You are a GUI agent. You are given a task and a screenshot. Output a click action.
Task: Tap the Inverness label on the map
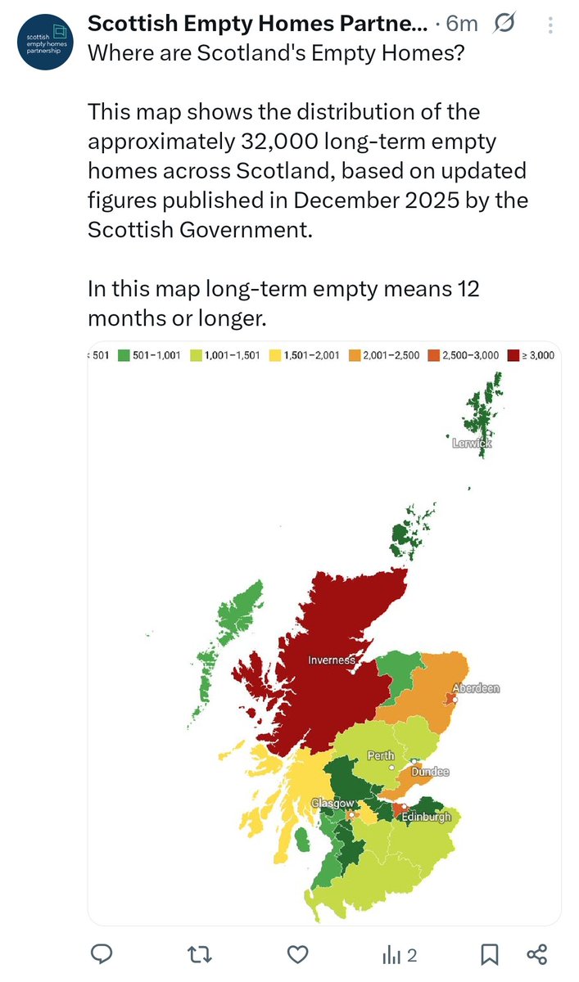pos(332,660)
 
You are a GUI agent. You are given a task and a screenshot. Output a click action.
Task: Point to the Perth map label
pos(381,755)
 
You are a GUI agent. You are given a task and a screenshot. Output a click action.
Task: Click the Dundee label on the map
pos(430,772)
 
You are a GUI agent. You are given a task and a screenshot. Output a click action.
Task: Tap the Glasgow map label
pos(332,804)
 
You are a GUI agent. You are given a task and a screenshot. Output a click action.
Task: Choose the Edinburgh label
pos(426,817)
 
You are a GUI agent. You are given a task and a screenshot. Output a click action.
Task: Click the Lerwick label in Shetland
pos(472,443)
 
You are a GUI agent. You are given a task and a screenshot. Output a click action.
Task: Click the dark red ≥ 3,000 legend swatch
pos(514,355)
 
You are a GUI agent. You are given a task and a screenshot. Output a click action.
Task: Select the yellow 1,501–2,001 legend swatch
pos(276,355)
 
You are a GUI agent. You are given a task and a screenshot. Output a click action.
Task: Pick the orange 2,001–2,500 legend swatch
pos(355,355)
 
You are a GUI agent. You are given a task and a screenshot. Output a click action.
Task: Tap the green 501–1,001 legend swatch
pos(124,355)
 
